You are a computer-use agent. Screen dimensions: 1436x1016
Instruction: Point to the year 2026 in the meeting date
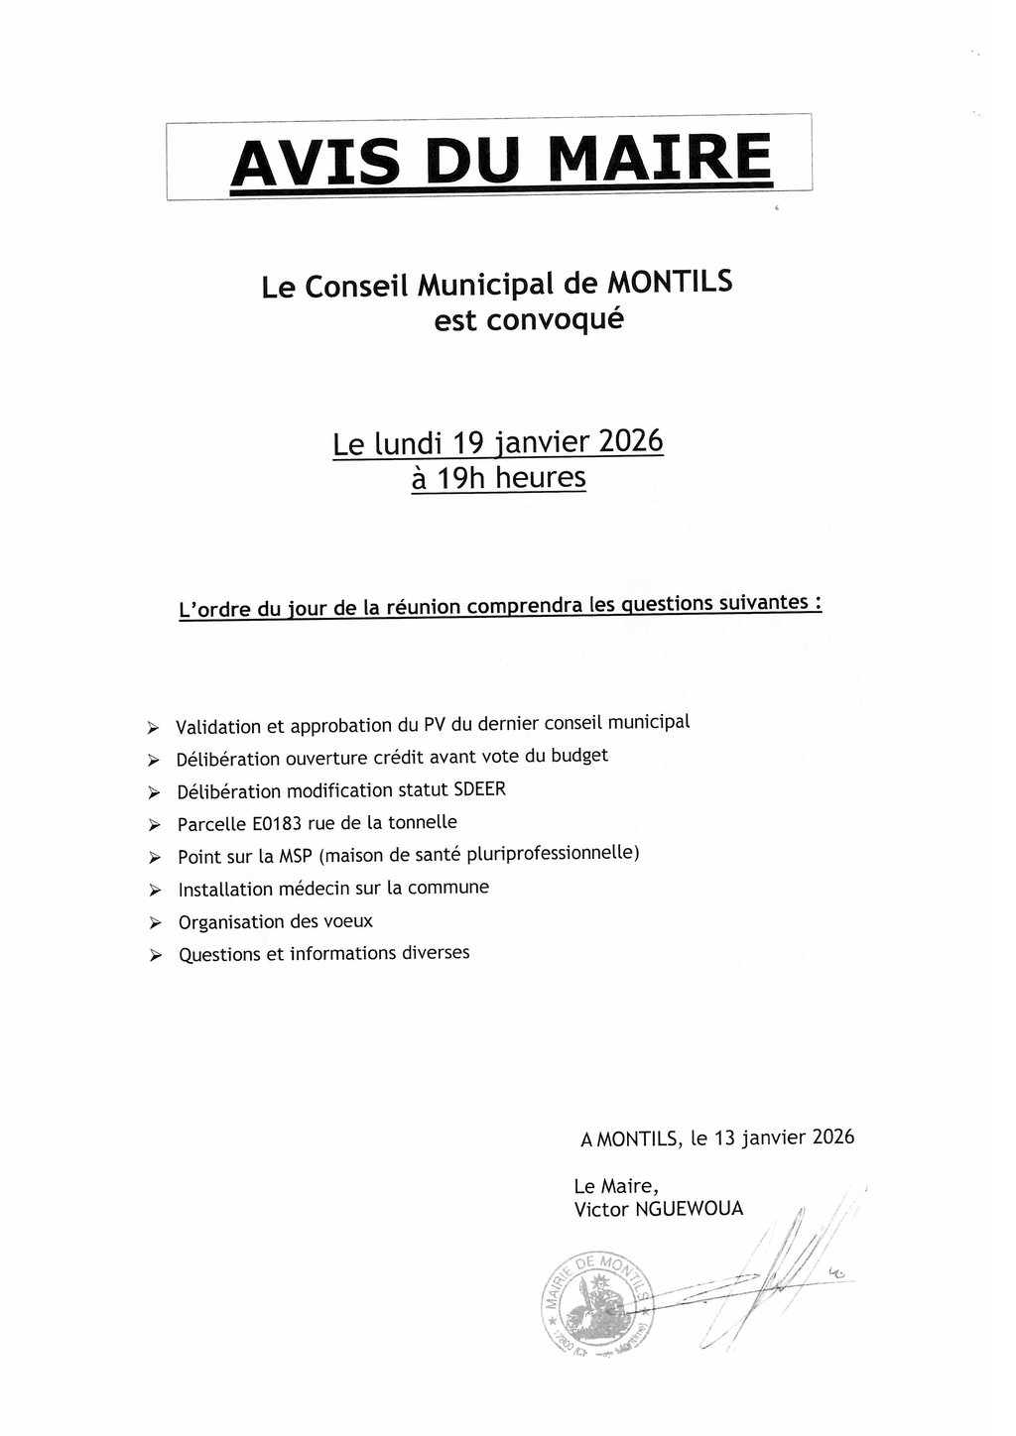point(630,439)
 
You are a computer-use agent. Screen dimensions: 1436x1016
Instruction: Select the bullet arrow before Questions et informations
point(154,956)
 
